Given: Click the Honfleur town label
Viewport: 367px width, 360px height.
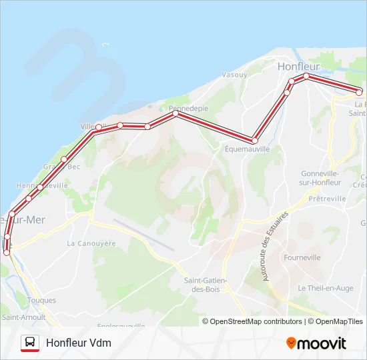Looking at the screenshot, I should [x=298, y=67].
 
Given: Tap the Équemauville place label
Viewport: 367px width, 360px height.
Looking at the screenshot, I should [x=247, y=149].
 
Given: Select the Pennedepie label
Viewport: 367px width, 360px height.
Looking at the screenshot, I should [x=188, y=108].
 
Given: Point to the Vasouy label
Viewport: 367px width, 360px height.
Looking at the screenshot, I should [x=234, y=75].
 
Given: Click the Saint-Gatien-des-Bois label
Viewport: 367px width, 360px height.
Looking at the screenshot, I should [x=206, y=285].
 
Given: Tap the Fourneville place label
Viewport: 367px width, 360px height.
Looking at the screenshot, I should [x=302, y=257].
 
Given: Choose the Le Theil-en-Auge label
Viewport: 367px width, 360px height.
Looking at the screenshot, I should [x=325, y=288].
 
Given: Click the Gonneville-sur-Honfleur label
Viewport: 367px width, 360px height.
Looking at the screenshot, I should [x=320, y=177].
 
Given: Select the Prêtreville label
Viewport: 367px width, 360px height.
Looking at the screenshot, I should [x=328, y=199].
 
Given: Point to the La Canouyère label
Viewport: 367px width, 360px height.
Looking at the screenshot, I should [x=91, y=243].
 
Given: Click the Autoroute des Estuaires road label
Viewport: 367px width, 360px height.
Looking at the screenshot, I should [x=275, y=246].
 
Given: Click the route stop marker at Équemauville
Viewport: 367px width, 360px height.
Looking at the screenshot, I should [x=254, y=140].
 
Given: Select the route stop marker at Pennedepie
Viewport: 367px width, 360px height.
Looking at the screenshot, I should [x=175, y=113].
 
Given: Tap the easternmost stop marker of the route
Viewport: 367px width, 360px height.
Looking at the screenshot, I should [x=359, y=91].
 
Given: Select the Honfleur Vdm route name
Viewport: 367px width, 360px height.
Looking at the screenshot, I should [x=79, y=343].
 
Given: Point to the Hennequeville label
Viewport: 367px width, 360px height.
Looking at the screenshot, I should [x=42, y=185].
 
